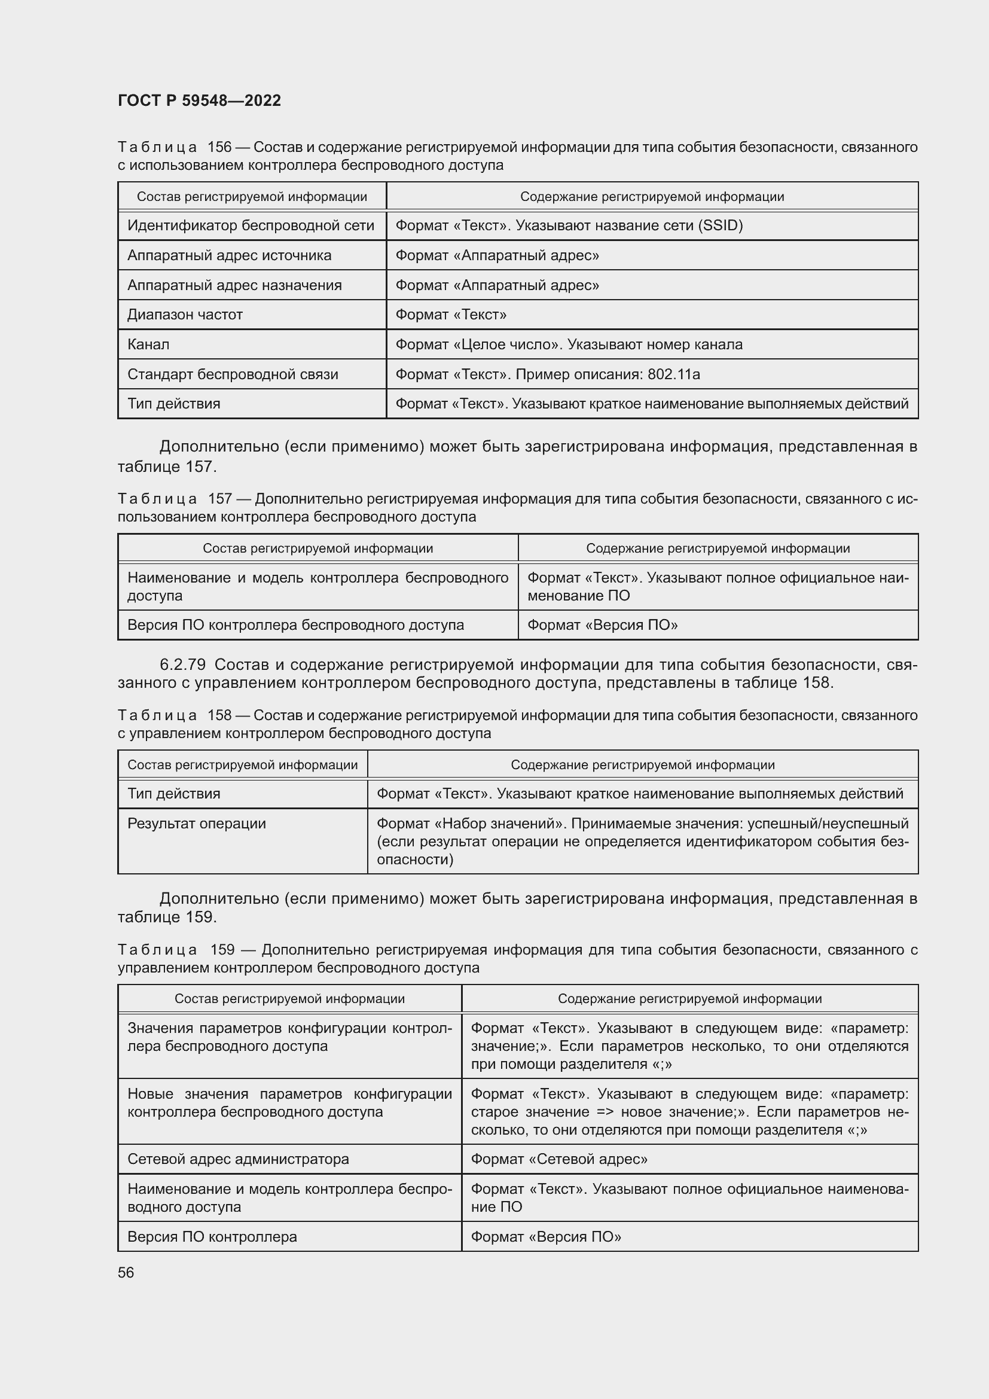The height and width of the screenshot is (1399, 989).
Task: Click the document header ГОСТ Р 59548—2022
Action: tap(199, 100)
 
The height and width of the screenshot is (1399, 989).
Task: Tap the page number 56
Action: tap(126, 1272)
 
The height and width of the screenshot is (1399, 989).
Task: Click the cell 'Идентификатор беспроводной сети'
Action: tap(251, 225)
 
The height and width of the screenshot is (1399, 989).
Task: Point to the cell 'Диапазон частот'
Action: tap(185, 315)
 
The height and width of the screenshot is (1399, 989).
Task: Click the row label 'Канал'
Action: tap(149, 345)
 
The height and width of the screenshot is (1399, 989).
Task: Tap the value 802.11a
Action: tap(673, 374)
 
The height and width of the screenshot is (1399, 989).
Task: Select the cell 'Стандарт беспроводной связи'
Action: tap(233, 374)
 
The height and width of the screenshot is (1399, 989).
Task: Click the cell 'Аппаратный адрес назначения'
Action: tap(234, 285)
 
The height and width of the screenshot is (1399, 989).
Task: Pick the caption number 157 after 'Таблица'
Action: tap(219, 499)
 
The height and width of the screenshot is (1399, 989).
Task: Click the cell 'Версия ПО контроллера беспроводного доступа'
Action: tap(295, 624)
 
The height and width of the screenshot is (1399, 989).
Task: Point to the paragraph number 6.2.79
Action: tap(183, 664)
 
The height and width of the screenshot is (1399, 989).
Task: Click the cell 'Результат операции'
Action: tap(197, 823)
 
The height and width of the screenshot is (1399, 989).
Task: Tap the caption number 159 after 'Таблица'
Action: tap(222, 949)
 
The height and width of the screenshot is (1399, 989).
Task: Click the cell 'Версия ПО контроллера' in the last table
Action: tap(212, 1236)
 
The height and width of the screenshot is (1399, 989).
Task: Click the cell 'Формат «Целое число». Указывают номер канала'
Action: tap(569, 345)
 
